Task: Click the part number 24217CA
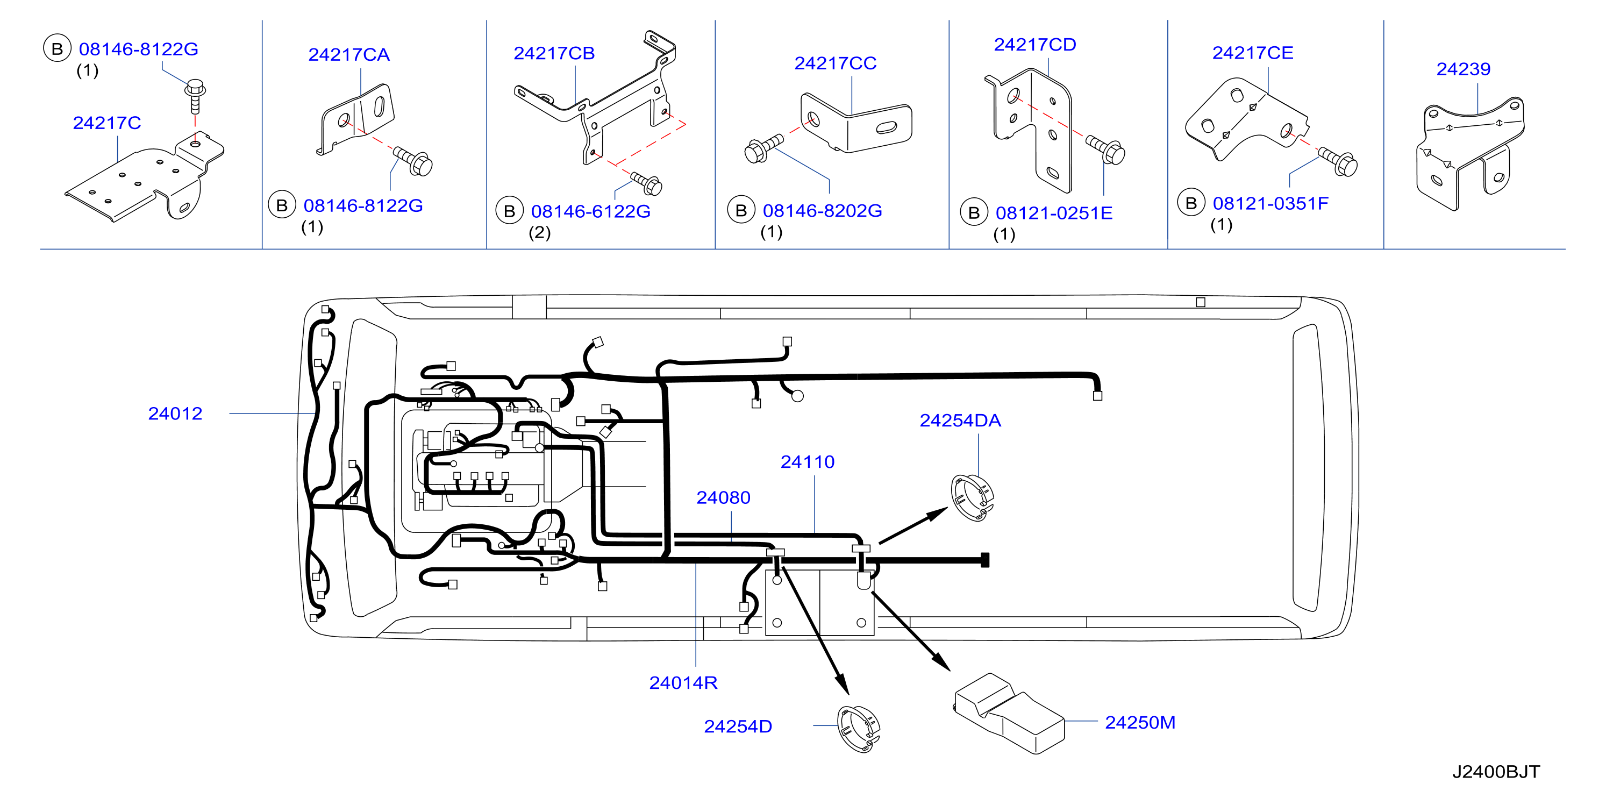coord(349,55)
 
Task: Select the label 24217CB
coord(554,54)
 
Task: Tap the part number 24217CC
coord(836,63)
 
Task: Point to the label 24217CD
coord(1035,45)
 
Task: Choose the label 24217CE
coord(1253,53)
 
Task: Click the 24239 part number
coord(1463,69)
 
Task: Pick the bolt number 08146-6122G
coord(590,211)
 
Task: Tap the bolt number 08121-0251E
coord(1054,213)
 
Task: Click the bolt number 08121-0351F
coord(1270,203)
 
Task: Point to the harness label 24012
coord(175,414)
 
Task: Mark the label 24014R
coord(683,683)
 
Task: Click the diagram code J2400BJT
coord(1496,772)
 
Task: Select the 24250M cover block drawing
coord(1009,713)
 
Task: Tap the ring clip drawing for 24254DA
coord(972,497)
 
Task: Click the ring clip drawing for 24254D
coord(859,729)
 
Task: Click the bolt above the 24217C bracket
coord(195,96)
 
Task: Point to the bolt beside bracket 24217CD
coord(1105,149)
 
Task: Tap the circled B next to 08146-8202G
coord(741,211)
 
